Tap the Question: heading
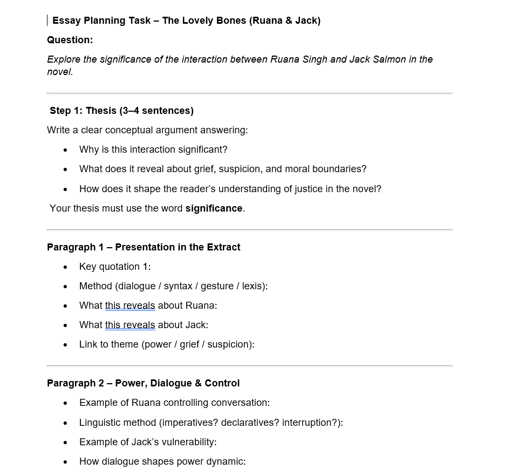point(70,40)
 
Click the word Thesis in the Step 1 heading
point(101,111)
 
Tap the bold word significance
point(214,208)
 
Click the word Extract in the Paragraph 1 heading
point(219,247)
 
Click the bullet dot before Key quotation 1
point(65,267)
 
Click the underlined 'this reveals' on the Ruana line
point(130,305)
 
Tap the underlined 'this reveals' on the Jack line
point(130,325)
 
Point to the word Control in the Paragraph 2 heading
point(221,383)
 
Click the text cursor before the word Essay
point(48,21)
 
